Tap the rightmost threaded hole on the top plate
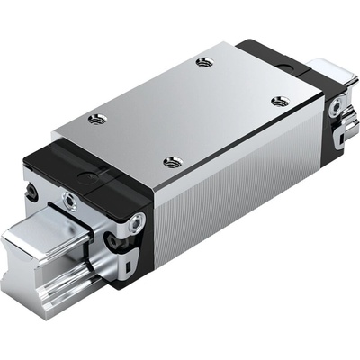coord(280,101)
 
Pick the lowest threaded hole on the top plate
coord(173,163)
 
